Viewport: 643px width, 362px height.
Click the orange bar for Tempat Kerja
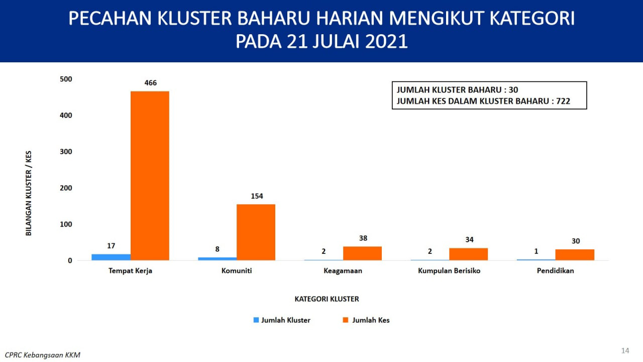point(150,176)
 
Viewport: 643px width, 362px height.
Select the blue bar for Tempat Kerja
point(111,257)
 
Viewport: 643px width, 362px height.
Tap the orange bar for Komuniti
point(256,232)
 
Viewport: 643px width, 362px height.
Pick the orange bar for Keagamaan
point(362,253)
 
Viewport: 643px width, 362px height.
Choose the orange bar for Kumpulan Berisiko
point(469,254)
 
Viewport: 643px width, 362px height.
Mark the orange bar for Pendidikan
point(575,255)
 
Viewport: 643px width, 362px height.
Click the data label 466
point(151,83)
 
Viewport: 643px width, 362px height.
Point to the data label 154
point(257,196)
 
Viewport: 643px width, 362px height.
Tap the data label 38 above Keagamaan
point(363,238)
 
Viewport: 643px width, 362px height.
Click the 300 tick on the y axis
point(66,152)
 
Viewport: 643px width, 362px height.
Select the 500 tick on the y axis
point(66,79)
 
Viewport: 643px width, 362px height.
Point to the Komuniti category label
point(237,270)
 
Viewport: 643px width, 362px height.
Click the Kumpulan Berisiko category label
point(449,271)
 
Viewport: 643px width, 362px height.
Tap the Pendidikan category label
point(556,270)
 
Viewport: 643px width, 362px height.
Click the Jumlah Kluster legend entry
point(282,320)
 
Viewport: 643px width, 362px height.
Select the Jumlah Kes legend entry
point(366,320)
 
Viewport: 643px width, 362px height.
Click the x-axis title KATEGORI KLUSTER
point(327,299)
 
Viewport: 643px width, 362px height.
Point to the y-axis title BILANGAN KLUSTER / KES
point(29,194)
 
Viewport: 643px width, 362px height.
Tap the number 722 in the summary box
point(563,101)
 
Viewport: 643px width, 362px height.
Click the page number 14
point(625,350)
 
